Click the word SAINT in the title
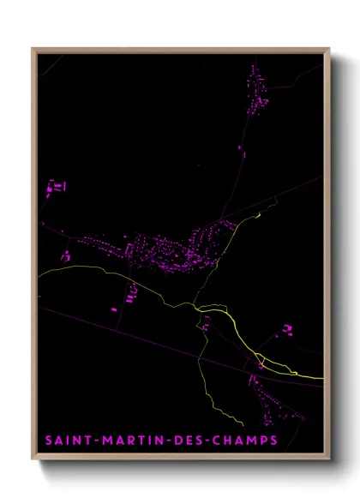coord(68,441)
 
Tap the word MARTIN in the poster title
coord(128,441)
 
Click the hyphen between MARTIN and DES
coord(160,441)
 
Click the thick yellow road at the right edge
coord(309,375)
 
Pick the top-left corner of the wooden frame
coord(33,50)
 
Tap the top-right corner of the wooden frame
coord(329,50)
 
